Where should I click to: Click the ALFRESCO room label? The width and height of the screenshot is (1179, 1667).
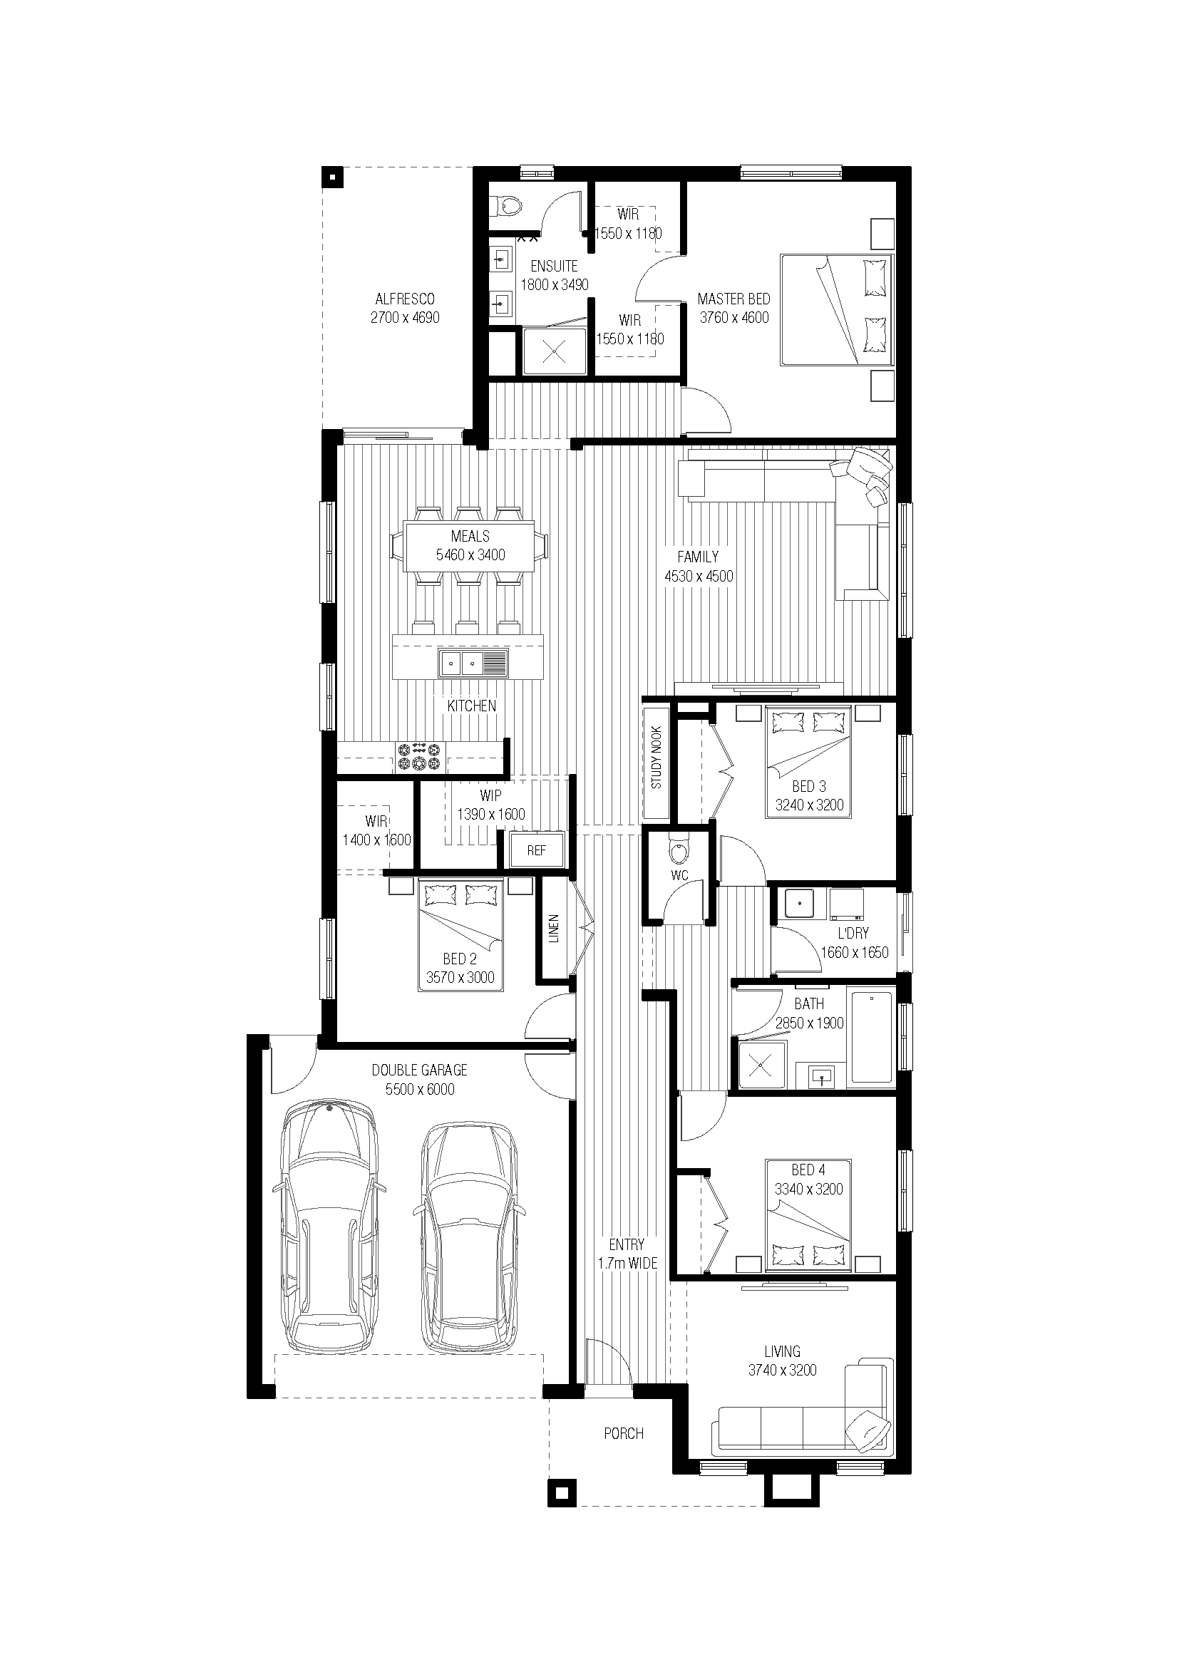405,299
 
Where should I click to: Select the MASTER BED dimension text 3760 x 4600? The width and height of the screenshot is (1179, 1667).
734,317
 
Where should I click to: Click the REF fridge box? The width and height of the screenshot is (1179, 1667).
537,850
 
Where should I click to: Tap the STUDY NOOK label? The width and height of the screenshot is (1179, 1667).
657,758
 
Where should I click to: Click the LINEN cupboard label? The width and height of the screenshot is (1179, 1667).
554,928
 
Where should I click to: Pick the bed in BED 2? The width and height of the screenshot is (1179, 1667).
460,935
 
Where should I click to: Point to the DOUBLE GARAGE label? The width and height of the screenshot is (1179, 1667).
420,1070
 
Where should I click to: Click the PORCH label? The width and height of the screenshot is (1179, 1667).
624,1433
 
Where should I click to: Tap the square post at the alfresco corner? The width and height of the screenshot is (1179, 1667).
332,177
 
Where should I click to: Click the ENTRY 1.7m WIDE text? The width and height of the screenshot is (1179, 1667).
627,1254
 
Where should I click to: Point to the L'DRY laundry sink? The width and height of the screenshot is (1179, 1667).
799,904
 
